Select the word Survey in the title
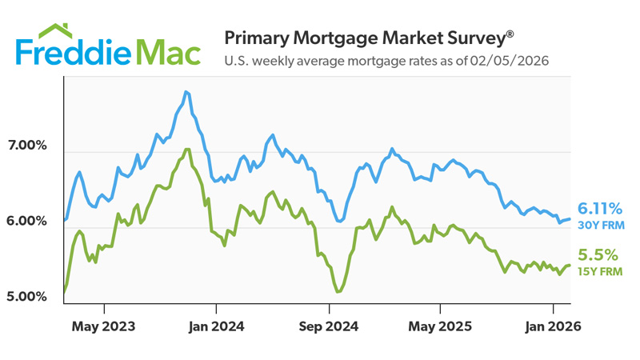coord(475,38)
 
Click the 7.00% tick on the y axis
coord(27,146)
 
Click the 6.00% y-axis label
coord(27,222)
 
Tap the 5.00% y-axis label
coord(27,297)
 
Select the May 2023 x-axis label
coord(104,326)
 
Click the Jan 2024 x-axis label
coord(215,326)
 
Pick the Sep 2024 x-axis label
coord(328,326)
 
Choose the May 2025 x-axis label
coord(440,326)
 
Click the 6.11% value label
coord(600,209)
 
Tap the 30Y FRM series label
coord(600,226)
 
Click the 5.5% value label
coord(598,255)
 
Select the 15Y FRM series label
coord(600,272)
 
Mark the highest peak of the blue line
coord(186,92)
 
